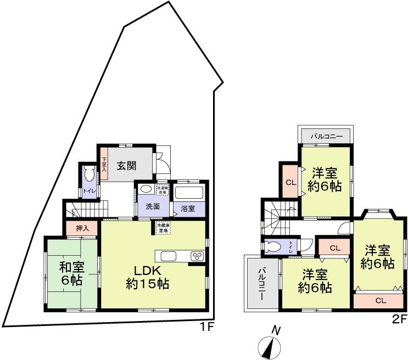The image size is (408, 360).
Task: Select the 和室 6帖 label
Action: [x=71, y=274]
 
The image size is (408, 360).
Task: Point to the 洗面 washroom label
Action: [x=153, y=207]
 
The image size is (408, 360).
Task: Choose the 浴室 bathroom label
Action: [x=188, y=209]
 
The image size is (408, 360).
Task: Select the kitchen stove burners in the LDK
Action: [x=197, y=256]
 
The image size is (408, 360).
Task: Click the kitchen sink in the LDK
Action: [x=168, y=256]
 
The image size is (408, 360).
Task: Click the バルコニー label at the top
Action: [x=326, y=135]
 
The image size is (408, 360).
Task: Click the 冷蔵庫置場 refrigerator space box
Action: [x=163, y=228]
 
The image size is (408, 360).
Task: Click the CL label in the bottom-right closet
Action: [x=380, y=301]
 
